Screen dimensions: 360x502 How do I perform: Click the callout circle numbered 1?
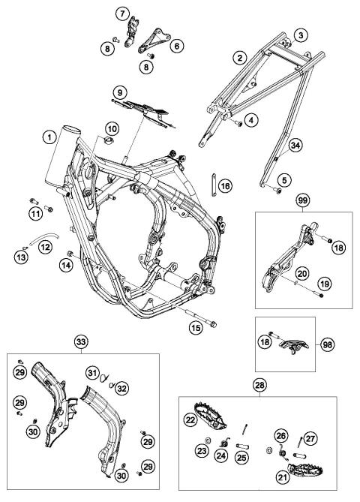click(x=49, y=137)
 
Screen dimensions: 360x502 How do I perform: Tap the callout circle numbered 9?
click(x=120, y=93)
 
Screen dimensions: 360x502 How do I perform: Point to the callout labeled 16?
click(x=225, y=186)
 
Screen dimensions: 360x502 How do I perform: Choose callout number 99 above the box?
click(x=303, y=201)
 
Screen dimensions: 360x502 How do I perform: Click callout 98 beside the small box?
click(x=327, y=345)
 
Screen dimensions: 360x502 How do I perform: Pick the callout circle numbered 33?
click(x=81, y=342)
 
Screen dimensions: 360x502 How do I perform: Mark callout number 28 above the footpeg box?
click(x=259, y=385)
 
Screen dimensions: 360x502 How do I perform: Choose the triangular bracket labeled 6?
click(x=155, y=41)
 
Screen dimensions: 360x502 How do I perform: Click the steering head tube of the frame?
click(x=63, y=158)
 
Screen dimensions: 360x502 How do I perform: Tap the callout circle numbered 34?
click(x=295, y=146)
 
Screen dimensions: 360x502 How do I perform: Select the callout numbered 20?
click(x=302, y=274)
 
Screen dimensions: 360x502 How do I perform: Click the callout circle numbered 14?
click(x=67, y=266)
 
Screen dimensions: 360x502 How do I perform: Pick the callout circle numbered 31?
click(x=92, y=373)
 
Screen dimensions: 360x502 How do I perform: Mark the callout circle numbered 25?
click(x=242, y=458)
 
